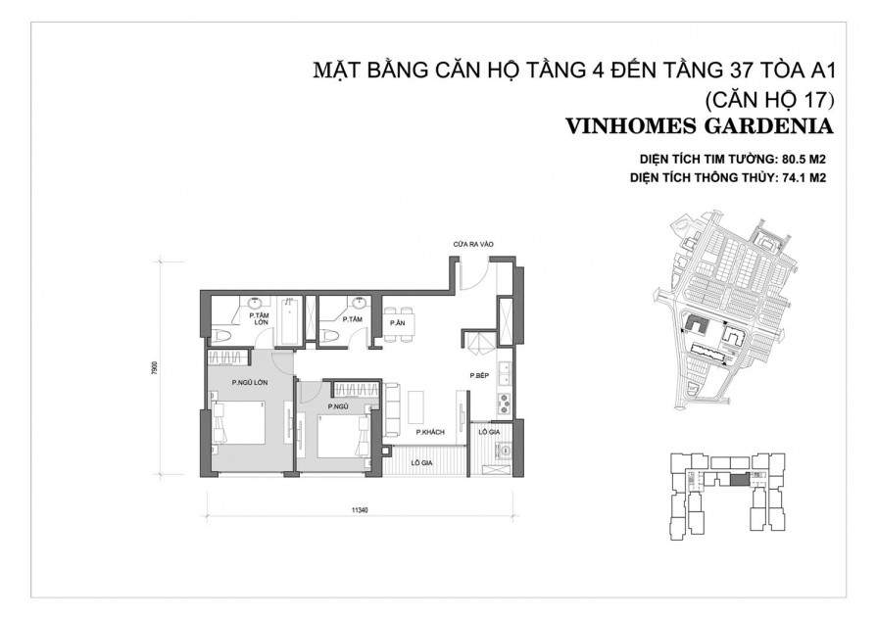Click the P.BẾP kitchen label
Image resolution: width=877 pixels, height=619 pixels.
pos(478,376)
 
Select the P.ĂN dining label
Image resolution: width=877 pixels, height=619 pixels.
pos(397,322)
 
